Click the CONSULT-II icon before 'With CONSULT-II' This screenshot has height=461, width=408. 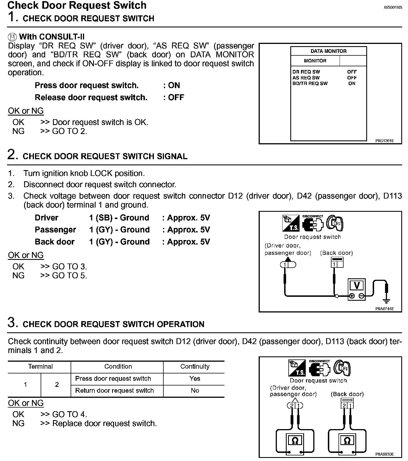[x=12, y=37]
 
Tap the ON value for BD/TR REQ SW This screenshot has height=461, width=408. [x=352, y=83]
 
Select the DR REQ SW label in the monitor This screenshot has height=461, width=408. [x=306, y=72]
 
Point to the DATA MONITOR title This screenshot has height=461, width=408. [x=328, y=51]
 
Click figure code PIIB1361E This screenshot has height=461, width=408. [x=384, y=141]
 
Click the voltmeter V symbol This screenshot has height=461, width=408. [x=357, y=285]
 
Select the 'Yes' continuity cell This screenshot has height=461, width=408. [x=194, y=378]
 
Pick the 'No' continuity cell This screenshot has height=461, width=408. [x=194, y=391]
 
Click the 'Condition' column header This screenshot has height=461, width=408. [x=118, y=366]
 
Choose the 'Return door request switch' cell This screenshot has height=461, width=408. [x=114, y=391]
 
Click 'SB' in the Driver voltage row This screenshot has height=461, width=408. [x=104, y=218]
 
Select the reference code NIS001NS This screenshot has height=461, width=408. [x=393, y=8]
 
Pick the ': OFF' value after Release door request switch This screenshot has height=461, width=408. [x=174, y=97]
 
